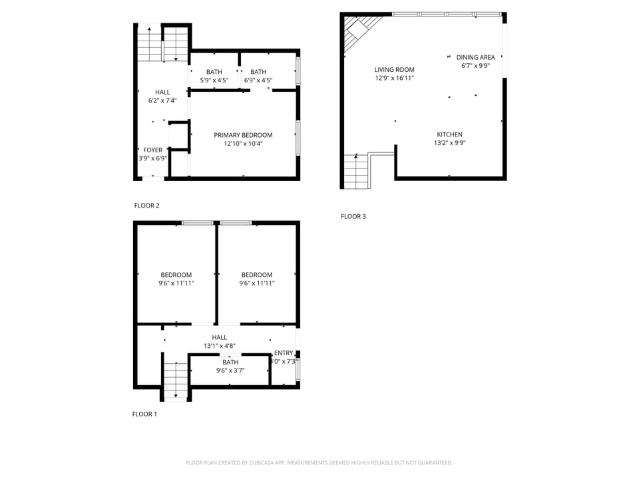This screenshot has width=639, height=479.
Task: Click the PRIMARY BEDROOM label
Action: pos(243,135)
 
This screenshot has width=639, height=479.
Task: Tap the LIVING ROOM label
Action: pos(394,70)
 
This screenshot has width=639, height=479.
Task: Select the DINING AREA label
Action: pos(475,57)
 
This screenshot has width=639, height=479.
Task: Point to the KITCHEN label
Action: pos(449,134)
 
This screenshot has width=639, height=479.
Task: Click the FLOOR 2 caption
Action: pos(146,206)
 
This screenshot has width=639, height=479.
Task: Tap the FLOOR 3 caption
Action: pos(353,216)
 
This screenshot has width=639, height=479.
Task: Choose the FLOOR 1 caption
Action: pos(144,414)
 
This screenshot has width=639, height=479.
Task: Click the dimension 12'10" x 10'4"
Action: pos(243,144)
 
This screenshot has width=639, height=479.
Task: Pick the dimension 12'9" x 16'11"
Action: pos(394,78)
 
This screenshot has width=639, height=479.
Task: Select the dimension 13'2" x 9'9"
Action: pos(449,142)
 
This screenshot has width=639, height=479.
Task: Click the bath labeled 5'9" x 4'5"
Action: pos(214,76)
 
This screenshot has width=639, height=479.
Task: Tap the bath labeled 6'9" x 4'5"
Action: pos(258,76)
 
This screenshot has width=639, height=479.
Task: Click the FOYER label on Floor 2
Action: pos(152,150)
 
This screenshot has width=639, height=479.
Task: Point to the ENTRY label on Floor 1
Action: pos(284,353)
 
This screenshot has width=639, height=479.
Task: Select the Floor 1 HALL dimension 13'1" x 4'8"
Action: pos(219,346)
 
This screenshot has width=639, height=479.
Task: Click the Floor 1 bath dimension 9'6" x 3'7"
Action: pos(230,370)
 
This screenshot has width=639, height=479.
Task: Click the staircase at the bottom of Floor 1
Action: pos(176,381)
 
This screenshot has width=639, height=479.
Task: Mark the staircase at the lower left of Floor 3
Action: pos(357,171)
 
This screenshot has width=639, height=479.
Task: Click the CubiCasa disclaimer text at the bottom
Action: pos(319,462)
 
